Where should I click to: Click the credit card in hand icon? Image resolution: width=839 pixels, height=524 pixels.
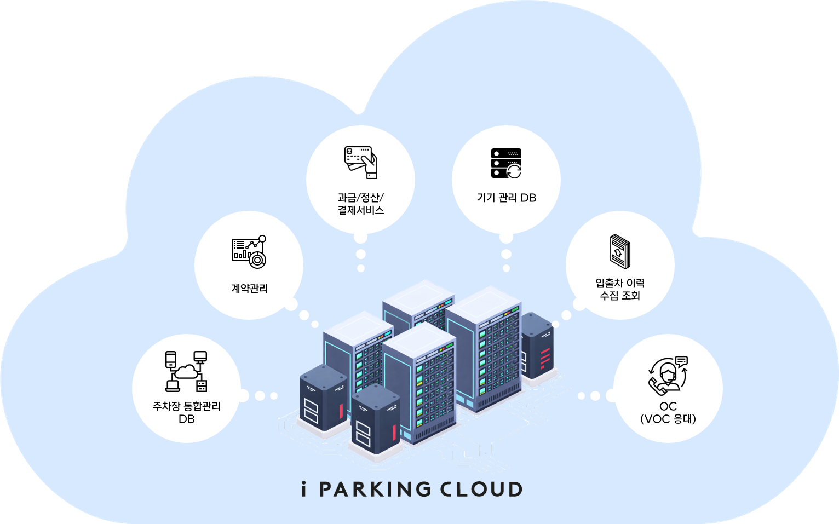pos(361,162)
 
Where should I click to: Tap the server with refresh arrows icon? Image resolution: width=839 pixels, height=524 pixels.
pos(506,163)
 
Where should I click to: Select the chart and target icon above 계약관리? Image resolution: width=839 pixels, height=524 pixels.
pos(249,252)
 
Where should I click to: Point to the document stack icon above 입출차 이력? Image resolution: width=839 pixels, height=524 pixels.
pos(620,251)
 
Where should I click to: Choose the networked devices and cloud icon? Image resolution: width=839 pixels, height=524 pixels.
pos(186,371)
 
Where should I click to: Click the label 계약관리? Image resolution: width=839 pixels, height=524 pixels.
pos(249,289)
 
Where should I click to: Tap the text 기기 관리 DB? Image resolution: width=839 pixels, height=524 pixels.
pos(506,198)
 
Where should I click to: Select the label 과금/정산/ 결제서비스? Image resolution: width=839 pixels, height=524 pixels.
pos(360,204)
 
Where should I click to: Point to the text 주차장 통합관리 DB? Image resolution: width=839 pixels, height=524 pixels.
pos(186,412)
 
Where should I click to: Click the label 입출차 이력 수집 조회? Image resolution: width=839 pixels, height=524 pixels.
pos(620,289)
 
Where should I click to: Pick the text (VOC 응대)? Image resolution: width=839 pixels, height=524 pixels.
pos(668,419)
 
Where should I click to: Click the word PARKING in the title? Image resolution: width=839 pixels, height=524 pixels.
pos(375,490)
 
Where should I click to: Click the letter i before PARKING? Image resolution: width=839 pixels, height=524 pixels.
pos(304,489)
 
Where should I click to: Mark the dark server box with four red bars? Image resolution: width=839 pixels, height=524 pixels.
pos(537,346)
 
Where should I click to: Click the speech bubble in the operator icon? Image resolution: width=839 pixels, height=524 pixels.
pos(681,361)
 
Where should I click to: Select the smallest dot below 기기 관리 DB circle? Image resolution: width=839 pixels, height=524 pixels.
pos(506,268)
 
